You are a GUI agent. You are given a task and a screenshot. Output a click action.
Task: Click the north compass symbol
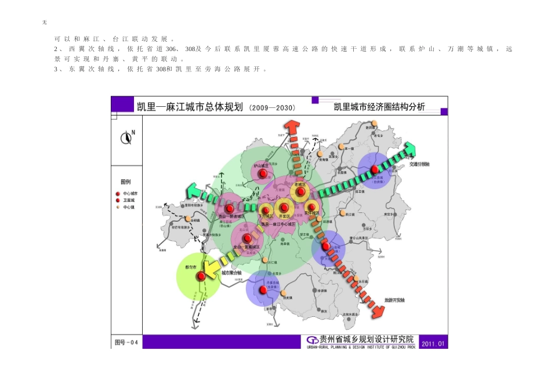click(x=126, y=138)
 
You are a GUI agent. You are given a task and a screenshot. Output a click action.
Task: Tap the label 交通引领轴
click(x=419, y=164)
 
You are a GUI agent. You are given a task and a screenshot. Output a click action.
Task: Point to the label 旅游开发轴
click(x=394, y=300)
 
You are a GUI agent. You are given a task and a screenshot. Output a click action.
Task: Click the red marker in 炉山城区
click(x=263, y=173)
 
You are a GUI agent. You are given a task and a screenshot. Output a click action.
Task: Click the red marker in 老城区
click(x=300, y=191)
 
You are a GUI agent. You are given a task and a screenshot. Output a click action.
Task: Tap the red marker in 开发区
click(x=284, y=207)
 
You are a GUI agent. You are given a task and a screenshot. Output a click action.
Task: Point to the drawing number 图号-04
click(x=127, y=343)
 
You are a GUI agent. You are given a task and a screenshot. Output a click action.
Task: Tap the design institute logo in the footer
click(x=312, y=340)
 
